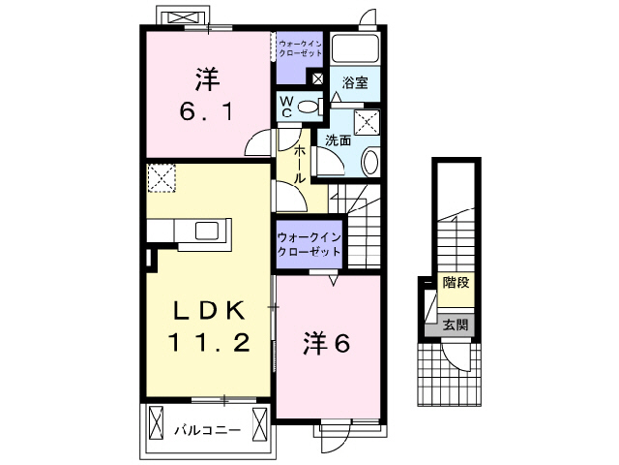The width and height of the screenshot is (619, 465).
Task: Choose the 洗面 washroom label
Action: pos(338,139)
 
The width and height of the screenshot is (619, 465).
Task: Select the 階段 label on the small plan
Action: pos(456,283)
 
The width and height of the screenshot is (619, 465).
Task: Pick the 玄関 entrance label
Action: pos(455,325)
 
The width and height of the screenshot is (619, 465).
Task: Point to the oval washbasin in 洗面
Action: pos(369,161)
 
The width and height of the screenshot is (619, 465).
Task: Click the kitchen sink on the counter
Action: pos(208,231)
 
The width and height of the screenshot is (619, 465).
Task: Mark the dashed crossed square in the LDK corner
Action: pos(160,178)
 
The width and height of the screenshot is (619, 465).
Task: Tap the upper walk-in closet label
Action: pos(299,47)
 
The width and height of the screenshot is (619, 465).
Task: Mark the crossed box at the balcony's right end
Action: pos(258,422)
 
